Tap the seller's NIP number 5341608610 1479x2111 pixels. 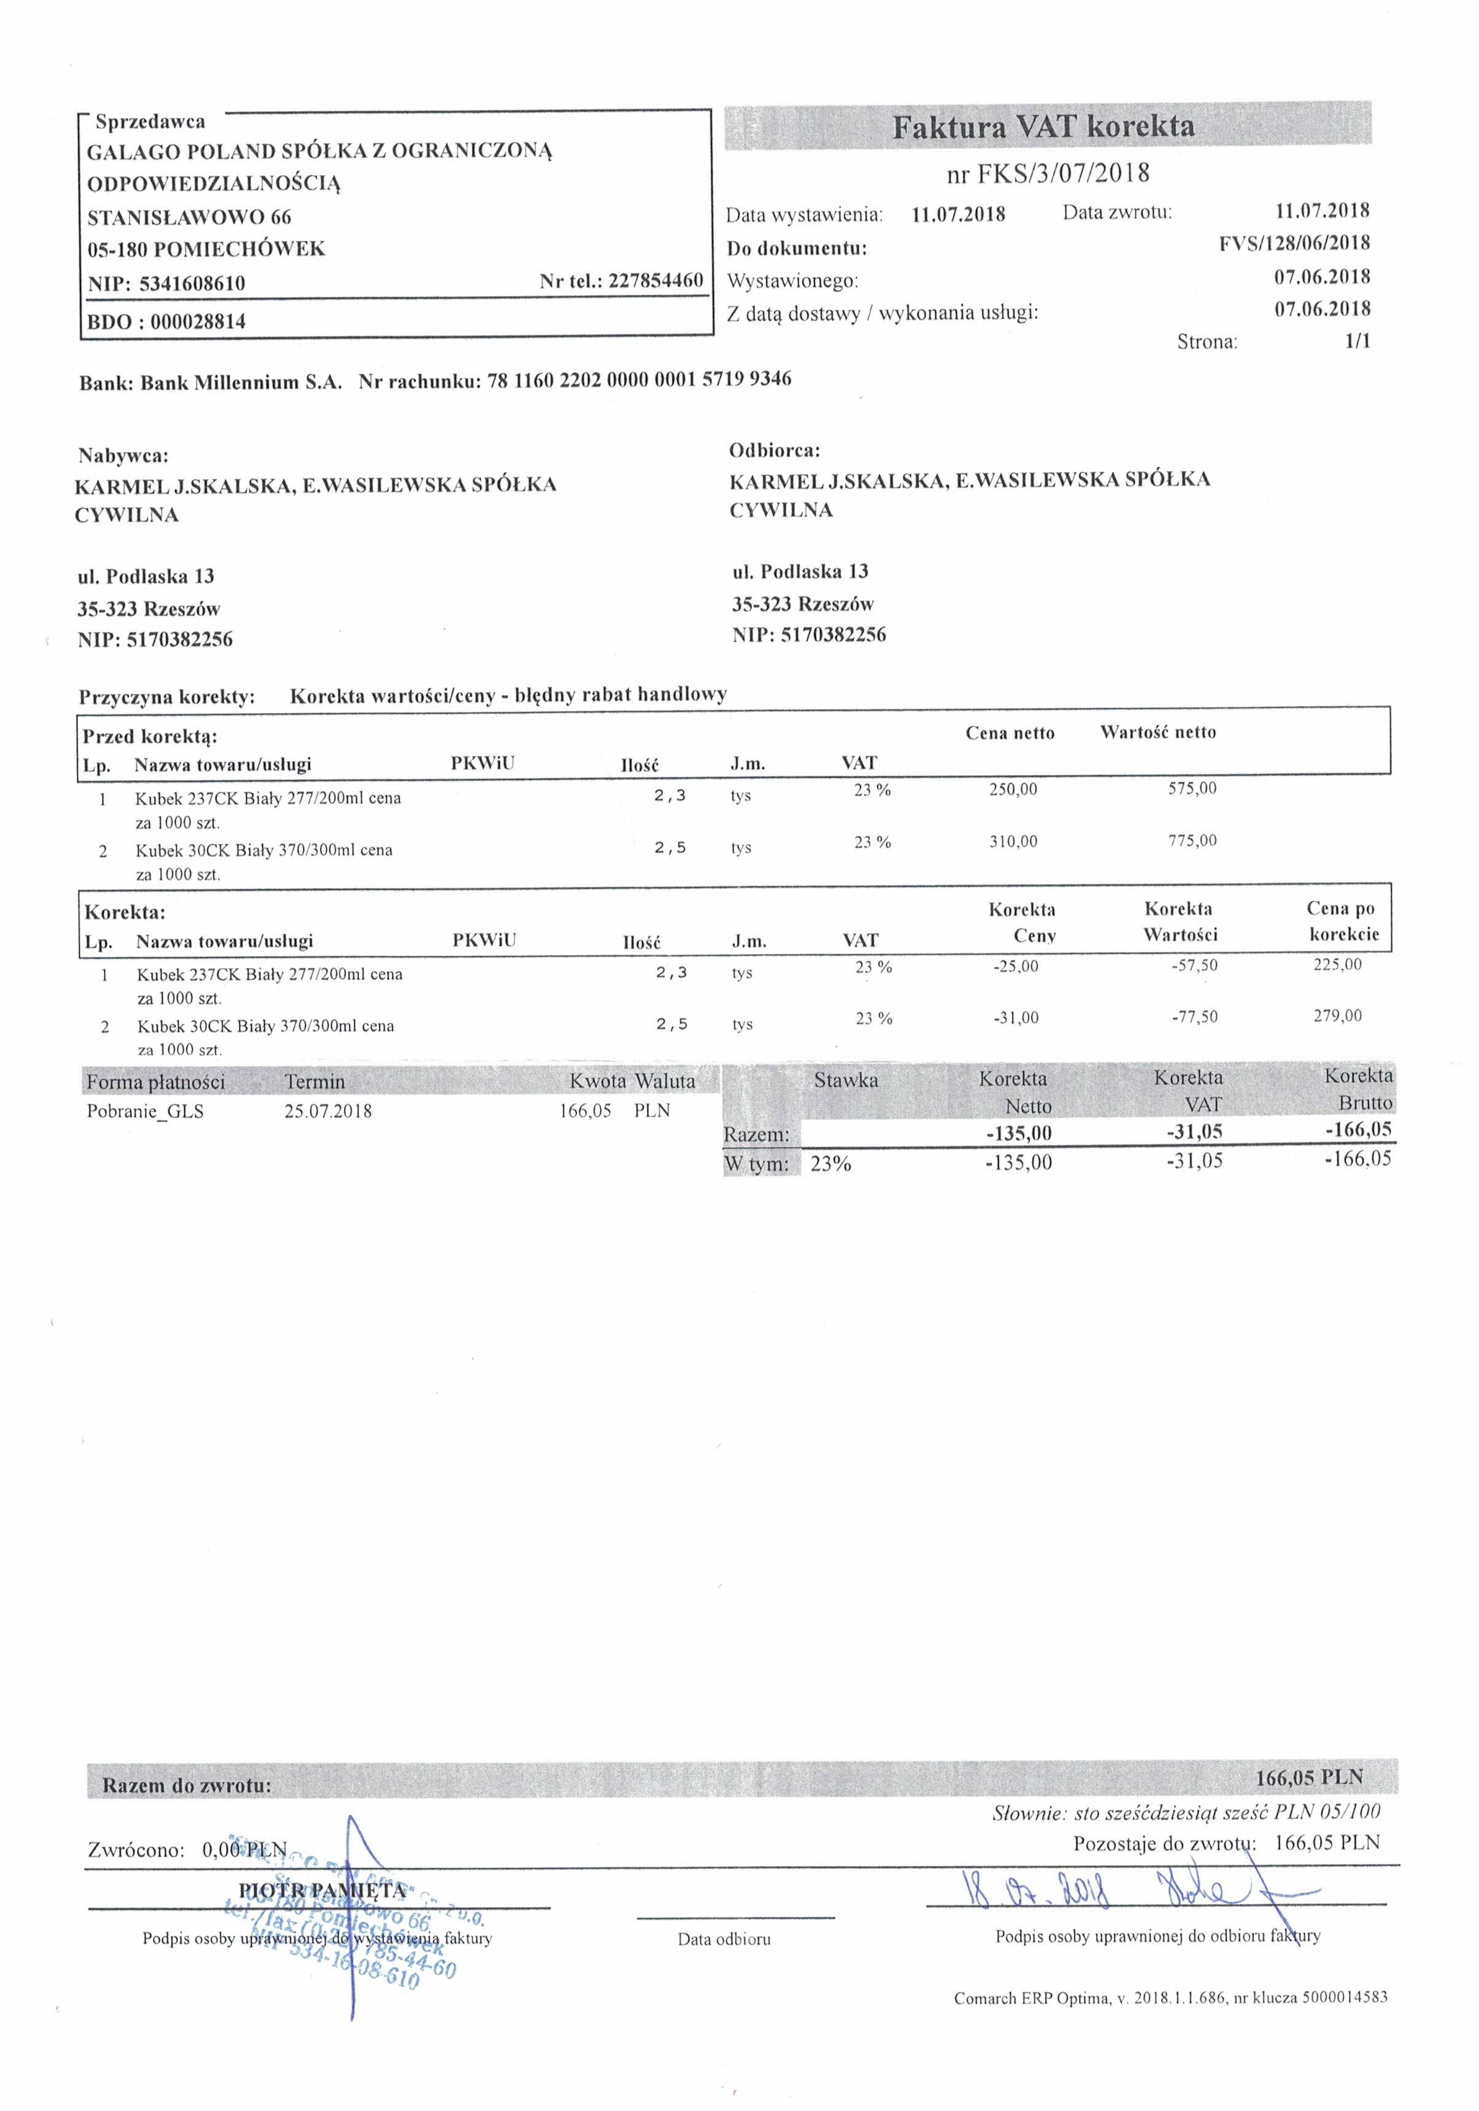(x=192, y=283)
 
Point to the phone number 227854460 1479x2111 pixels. (x=656, y=281)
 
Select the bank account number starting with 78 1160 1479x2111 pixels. (x=639, y=379)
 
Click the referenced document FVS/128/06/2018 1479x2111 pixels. (x=1294, y=244)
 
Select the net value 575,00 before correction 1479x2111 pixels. (x=1192, y=788)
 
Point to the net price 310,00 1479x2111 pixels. (x=1013, y=841)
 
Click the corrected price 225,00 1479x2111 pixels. (x=1337, y=964)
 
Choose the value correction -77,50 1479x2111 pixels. (x=1194, y=1017)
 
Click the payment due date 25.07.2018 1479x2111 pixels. (x=328, y=1112)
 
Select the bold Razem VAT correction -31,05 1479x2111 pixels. (x=1194, y=1132)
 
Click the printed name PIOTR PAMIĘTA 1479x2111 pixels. (x=322, y=1891)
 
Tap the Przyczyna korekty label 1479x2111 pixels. (x=166, y=697)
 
